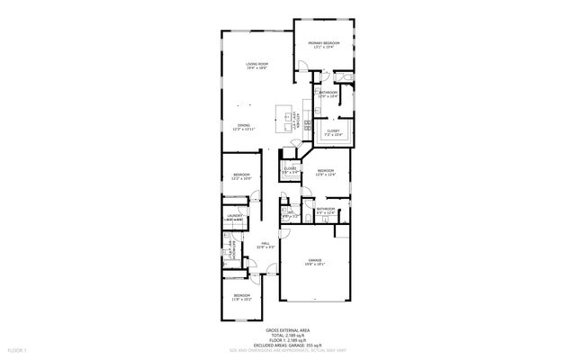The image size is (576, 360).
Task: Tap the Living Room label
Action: click(x=258, y=65)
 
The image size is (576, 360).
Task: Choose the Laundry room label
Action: click(x=235, y=217)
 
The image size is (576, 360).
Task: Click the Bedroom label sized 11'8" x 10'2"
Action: click(x=242, y=297)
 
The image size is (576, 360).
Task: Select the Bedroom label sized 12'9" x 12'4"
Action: click(x=326, y=173)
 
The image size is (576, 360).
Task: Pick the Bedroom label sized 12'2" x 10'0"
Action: click(x=241, y=176)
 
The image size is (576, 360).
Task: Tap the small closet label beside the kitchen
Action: click(x=291, y=170)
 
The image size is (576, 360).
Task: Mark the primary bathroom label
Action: click(x=328, y=94)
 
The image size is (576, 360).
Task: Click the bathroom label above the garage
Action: click(x=326, y=211)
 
